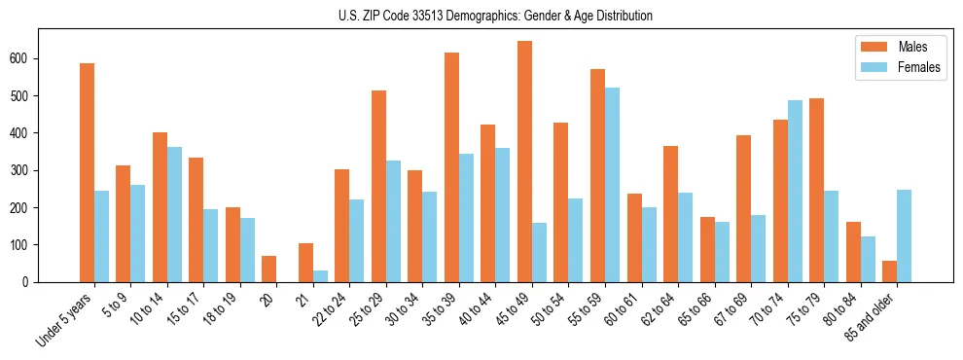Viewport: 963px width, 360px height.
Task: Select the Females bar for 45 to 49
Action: pos(539,252)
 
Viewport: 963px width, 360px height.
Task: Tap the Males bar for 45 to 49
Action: pos(524,162)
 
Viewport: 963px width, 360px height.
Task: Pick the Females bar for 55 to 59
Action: pos(612,185)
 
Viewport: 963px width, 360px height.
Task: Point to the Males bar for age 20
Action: pos(268,269)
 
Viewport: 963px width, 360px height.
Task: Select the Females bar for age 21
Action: pos(320,275)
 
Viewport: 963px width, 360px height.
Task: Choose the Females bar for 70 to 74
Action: pos(795,191)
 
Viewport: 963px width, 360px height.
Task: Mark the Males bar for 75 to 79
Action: pos(816,190)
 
